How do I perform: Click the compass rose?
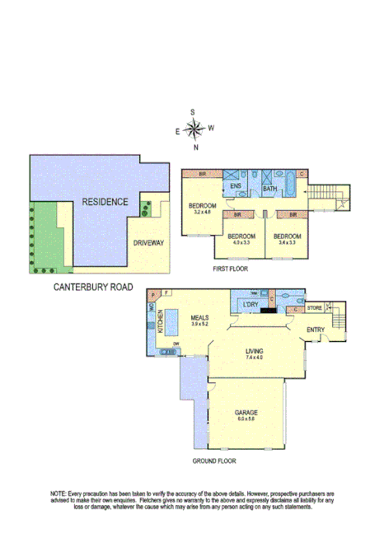(x=194, y=129)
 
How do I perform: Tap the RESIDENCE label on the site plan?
(x=105, y=202)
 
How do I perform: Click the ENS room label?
(x=235, y=186)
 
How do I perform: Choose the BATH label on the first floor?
(x=269, y=189)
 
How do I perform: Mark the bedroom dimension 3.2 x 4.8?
(x=203, y=212)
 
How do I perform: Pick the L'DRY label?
(x=251, y=307)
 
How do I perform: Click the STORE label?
(x=314, y=309)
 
